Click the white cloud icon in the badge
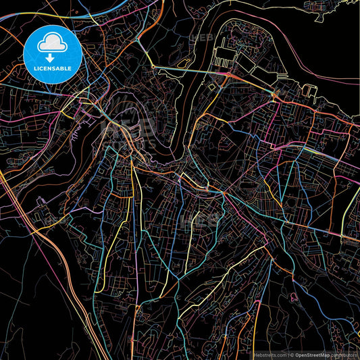pos(52,42)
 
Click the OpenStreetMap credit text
pos(312,354)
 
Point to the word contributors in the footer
pos(344,354)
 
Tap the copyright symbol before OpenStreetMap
pos(291,354)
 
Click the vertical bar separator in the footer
pos(287,354)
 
